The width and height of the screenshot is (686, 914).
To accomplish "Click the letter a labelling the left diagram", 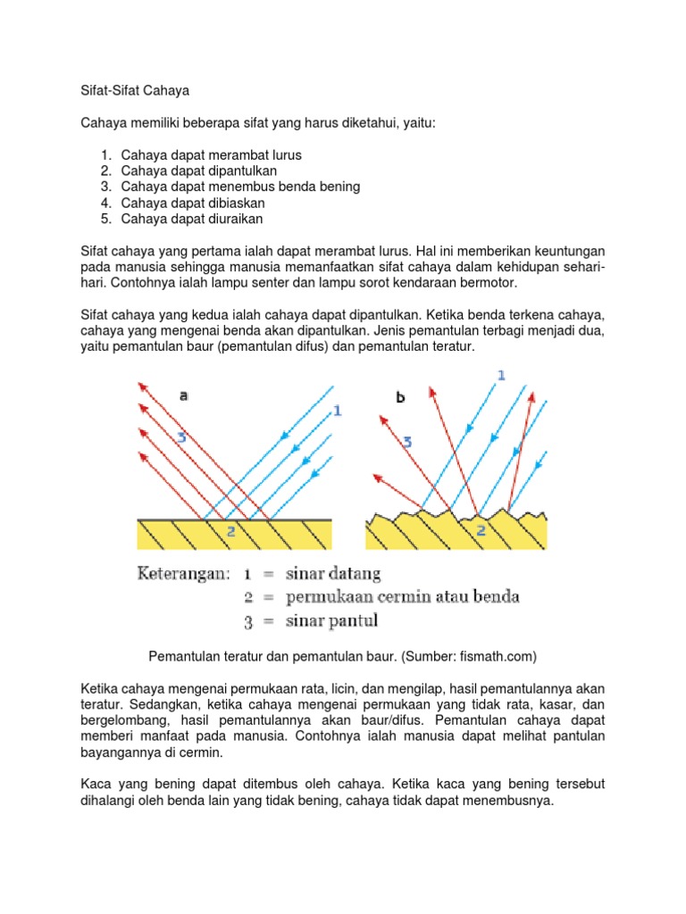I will [x=183, y=395].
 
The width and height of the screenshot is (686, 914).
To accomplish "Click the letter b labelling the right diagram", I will [x=401, y=397].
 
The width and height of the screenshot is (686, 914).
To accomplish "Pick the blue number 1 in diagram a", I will [x=337, y=411].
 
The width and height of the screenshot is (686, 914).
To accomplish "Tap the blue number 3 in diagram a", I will [x=181, y=437].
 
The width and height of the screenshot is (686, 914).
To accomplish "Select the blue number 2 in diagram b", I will [x=481, y=530].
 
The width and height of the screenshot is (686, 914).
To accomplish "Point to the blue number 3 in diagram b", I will [x=406, y=441].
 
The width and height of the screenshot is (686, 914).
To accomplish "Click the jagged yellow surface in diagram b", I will [x=420, y=536].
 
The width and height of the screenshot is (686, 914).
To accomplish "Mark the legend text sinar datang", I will [x=333, y=573].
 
